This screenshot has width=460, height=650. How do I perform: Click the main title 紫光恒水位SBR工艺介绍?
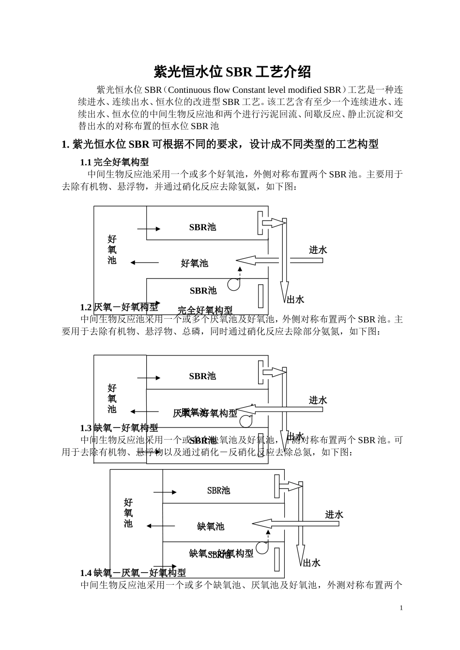click(x=232, y=72)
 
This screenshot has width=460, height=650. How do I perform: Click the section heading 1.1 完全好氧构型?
click(x=114, y=162)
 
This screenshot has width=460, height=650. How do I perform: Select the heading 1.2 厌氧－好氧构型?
click(x=119, y=307)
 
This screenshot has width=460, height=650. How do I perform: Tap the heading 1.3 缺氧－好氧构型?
click(x=119, y=428)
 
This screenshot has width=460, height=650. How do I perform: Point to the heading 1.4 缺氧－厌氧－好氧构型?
click(x=133, y=573)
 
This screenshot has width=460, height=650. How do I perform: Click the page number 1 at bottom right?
click(x=401, y=608)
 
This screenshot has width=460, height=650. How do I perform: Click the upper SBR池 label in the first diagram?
click(x=202, y=227)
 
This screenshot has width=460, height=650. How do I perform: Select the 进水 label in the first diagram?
click(x=318, y=250)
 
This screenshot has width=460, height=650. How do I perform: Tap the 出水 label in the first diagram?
click(x=295, y=300)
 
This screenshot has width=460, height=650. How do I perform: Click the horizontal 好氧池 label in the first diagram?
click(x=194, y=263)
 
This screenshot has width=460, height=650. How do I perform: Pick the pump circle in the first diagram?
click(x=234, y=284)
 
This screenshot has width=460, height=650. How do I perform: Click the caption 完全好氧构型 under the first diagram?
click(x=205, y=310)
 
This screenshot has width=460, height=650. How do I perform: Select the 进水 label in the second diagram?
click(x=318, y=400)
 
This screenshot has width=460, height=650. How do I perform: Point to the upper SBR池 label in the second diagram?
click(x=202, y=376)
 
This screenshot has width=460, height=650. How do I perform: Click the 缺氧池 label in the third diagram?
click(x=211, y=526)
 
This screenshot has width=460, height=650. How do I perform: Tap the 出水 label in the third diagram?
click(x=312, y=563)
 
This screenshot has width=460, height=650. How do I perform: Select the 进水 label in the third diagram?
click(x=334, y=515)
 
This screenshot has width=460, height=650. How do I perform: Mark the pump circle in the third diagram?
click(x=262, y=547)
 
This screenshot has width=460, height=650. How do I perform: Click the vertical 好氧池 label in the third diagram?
click(x=128, y=513)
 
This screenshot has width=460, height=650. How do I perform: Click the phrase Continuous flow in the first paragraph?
click(x=199, y=90)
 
